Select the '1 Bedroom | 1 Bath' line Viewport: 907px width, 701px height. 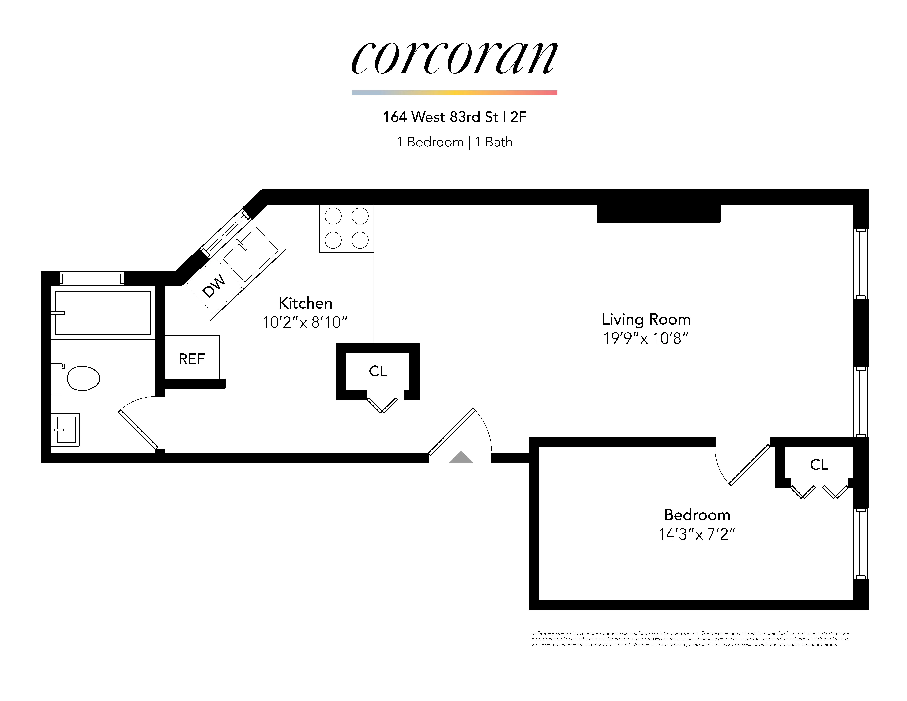(454, 142)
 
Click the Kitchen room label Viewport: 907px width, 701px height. (305, 303)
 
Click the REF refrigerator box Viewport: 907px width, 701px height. (192, 358)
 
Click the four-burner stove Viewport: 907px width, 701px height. (346, 228)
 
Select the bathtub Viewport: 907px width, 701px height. (103, 313)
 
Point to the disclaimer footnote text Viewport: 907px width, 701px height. (689, 639)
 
